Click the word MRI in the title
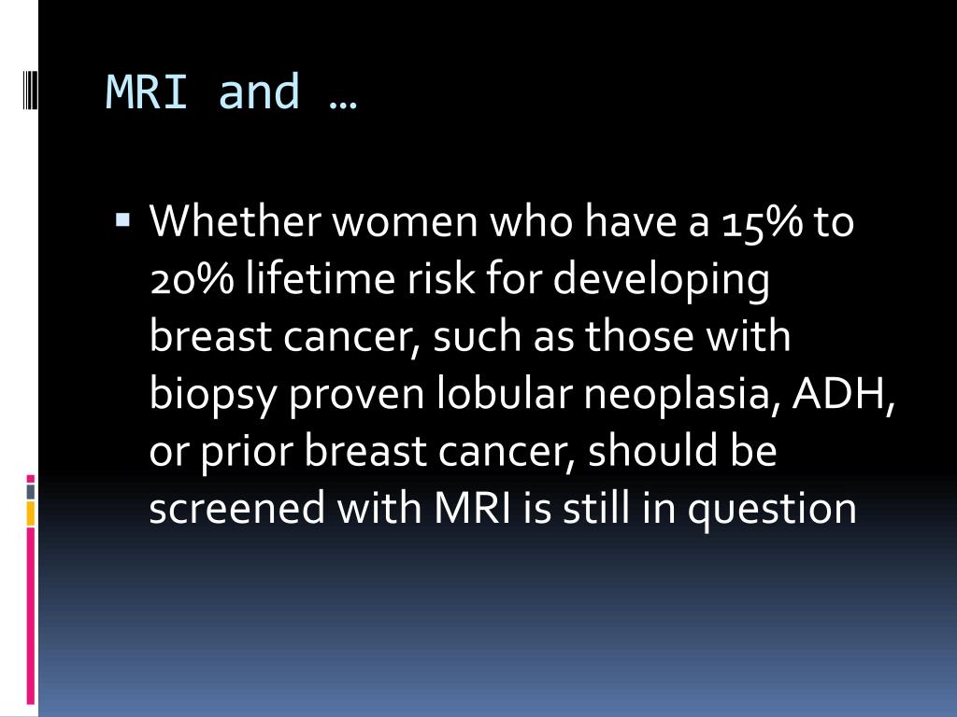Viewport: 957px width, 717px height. pos(147,91)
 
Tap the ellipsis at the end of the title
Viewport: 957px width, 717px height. pos(342,105)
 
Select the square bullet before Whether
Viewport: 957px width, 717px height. pos(122,218)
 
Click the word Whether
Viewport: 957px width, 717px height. pos(235,220)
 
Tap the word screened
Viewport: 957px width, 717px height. pos(236,507)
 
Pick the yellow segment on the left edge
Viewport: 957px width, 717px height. pos(31,513)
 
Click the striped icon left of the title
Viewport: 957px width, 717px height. pos(28,90)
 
